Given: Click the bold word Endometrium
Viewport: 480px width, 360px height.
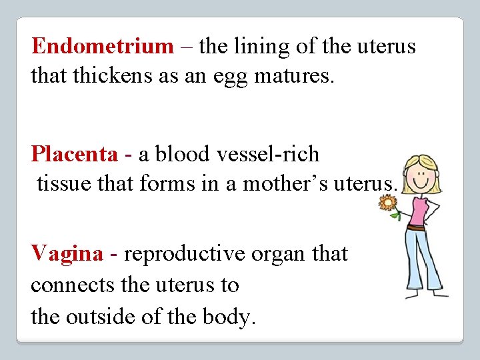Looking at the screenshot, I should [102, 47].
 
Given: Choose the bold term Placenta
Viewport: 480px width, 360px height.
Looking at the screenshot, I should [74, 155].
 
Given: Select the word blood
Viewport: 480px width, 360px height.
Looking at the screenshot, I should [183, 155].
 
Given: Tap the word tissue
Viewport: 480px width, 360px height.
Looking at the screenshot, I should [67, 183].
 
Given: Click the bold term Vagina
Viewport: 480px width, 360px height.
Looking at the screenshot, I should [67, 254].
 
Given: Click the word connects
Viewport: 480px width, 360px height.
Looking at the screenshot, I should [72, 285].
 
